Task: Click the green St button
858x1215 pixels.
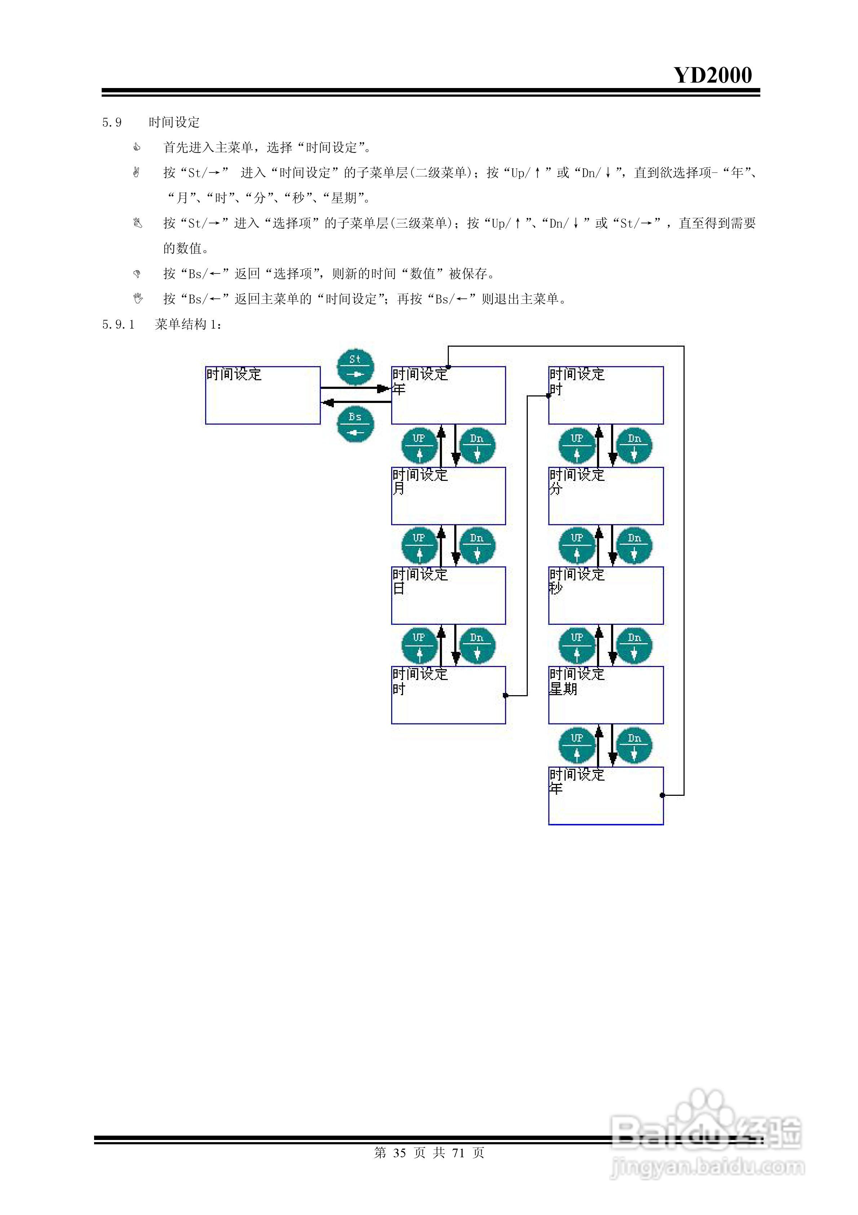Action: (355, 367)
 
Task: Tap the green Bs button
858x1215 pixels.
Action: (355, 424)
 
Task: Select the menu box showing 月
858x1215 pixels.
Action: (448, 496)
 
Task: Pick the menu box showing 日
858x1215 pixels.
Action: (448, 595)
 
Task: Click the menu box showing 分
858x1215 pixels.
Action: (606, 496)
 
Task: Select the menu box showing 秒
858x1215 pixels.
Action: (606, 595)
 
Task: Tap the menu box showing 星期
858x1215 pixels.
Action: (606, 695)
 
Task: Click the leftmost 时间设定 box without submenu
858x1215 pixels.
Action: (263, 395)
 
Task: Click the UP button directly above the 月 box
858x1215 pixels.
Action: (420, 446)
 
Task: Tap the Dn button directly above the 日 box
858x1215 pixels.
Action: (477, 545)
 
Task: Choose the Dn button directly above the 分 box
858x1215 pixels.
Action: (634, 446)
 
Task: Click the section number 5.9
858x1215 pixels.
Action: (112, 123)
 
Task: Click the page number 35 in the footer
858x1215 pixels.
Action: (399, 1153)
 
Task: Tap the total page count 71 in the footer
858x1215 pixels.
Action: (458, 1153)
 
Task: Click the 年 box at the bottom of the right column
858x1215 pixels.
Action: (606, 795)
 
